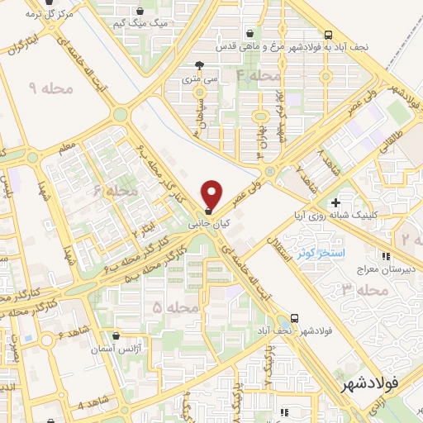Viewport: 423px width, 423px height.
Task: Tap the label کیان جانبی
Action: pos(205,224)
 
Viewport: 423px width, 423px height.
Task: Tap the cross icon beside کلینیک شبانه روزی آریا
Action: pos(335,202)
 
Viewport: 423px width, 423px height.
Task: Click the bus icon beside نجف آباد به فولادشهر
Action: pos(329,35)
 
